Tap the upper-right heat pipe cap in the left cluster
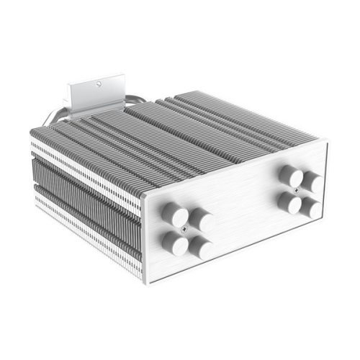pyautogui.click(x=201, y=220)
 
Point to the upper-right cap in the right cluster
pyautogui.click(x=312, y=181)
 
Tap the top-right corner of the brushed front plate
pyautogui.click(x=328, y=142)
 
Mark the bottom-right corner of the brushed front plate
pyautogui.click(x=325, y=229)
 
